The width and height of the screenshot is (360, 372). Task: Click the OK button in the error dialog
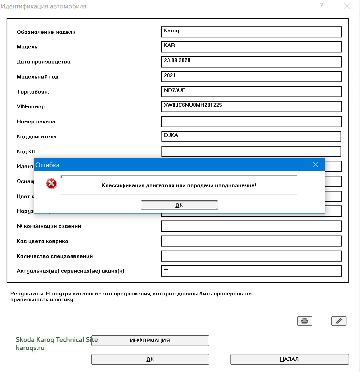[x=179, y=205]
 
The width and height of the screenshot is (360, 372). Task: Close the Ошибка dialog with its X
[x=316, y=165]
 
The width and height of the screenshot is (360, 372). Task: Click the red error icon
[x=51, y=183]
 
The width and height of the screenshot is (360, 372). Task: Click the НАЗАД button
[x=290, y=359]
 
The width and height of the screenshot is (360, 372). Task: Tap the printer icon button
[x=305, y=321]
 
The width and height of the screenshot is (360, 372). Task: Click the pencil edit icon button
[x=339, y=321]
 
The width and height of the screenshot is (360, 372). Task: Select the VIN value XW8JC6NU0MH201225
[x=193, y=105]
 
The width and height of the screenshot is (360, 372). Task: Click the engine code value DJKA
[x=171, y=135]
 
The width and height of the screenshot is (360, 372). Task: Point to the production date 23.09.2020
[x=177, y=61]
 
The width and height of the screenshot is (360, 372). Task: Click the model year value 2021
[x=170, y=76]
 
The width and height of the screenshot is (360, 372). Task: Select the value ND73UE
[x=172, y=90]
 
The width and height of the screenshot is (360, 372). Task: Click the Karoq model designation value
[x=172, y=31]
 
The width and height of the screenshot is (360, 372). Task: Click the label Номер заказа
[x=36, y=121]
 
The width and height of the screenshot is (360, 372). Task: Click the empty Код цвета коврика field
[x=251, y=241]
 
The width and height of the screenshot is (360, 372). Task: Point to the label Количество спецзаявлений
[x=55, y=256]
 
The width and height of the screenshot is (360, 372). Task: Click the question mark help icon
[x=321, y=6]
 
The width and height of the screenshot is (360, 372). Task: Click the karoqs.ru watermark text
[x=30, y=347]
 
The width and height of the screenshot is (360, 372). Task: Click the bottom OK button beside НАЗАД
[x=150, y=359]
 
